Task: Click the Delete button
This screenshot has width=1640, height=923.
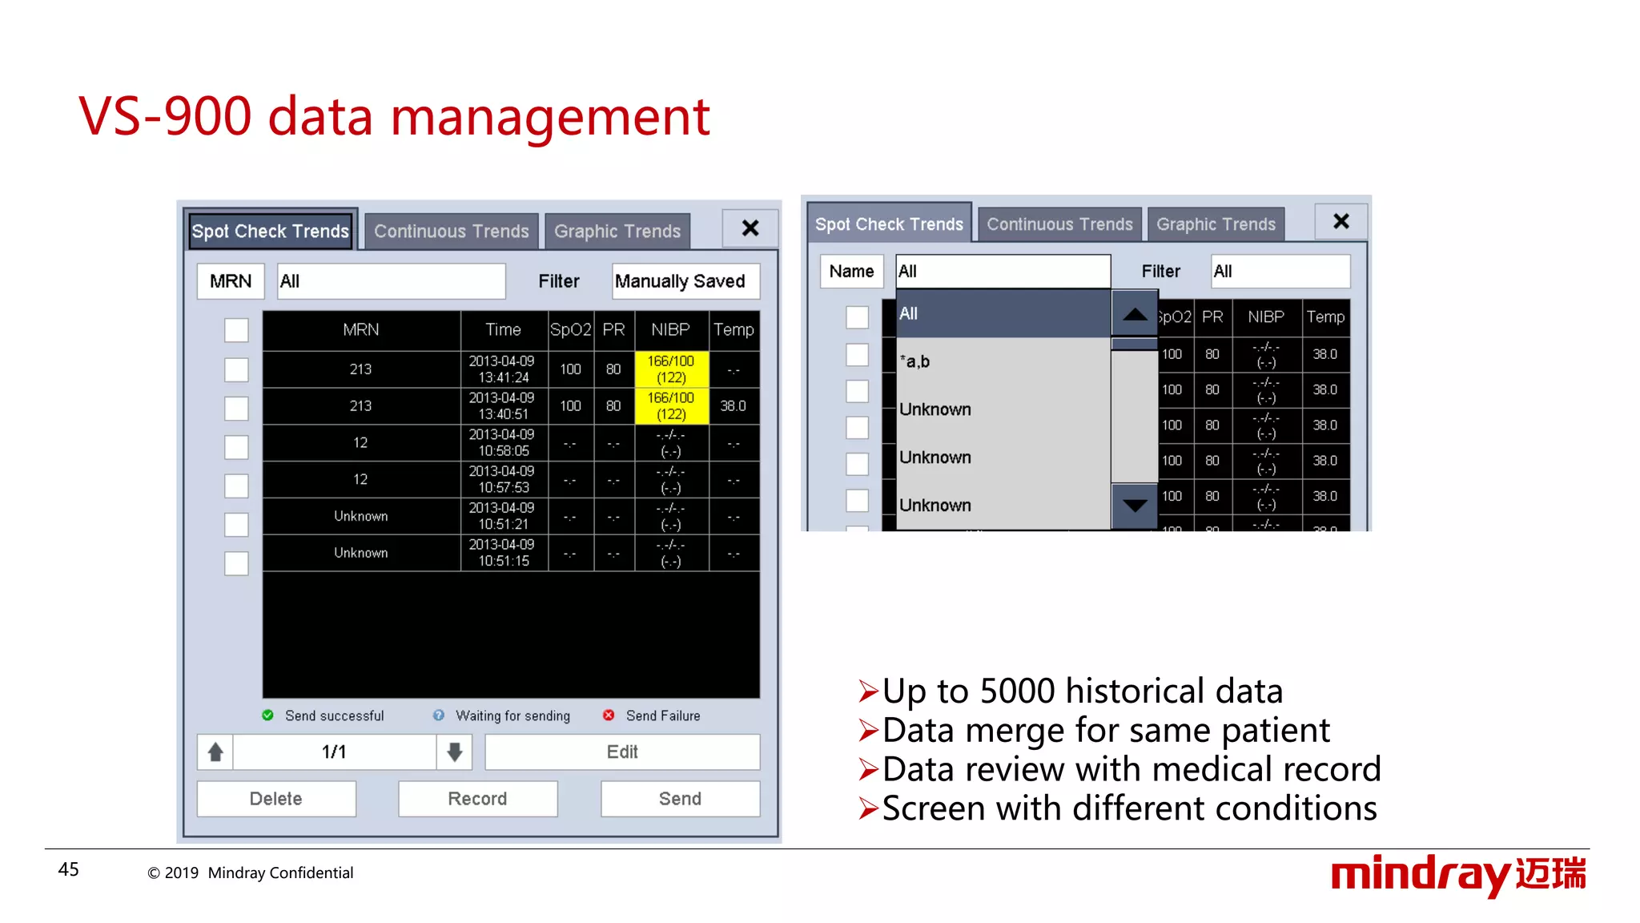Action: [x=276, y=799]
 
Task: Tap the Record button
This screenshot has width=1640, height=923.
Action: [x=477, y=799]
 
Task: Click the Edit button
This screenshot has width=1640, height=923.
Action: [x=622, y=752]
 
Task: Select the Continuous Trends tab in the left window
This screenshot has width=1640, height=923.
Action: [x=452, y=232]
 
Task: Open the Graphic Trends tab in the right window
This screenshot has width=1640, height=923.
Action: [x=1216, y=224]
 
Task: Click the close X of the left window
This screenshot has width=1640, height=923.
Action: [x=750, y=228]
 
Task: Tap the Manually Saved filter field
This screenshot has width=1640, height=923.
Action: [x=685, y=281]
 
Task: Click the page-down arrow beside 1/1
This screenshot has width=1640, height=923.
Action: [x=455, y=752]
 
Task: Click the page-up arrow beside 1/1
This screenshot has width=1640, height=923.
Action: [x=215, y=752]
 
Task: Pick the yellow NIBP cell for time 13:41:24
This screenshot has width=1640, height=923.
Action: [x=671, y=369]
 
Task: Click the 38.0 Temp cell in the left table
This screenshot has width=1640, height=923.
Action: [x=733, y=406]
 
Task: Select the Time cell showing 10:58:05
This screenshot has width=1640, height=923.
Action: [x=504, y=443]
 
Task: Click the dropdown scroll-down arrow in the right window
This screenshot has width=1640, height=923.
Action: [x=1135, y=506]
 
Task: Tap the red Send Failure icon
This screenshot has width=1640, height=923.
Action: [x=609, y=715]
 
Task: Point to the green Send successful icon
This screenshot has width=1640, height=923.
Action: [x=268, y=715]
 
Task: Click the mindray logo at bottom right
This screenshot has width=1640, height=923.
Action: [x=1457, y=874]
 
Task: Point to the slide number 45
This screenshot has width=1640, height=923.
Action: [x=69, y=869]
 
